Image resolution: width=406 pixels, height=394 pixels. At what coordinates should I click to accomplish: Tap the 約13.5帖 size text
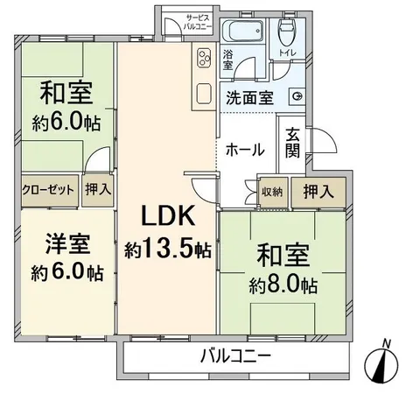click(x=166, y=250)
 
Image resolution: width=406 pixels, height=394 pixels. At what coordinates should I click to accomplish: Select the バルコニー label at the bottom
click(x=234, y=357)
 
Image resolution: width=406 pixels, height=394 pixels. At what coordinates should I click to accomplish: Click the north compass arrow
click(x=384, y=363)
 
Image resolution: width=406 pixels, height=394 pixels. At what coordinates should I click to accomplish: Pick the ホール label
click(x=245, y=150)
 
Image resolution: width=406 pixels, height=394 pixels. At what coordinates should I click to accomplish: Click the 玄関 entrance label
click(x=292, y=150)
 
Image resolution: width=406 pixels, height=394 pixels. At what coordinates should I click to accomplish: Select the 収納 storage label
click(x=271, y=191)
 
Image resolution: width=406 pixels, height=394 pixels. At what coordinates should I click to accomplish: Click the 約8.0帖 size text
click(x=283, y=285)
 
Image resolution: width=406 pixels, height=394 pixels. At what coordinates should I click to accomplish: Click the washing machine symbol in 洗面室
click(x=297, y=96)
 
